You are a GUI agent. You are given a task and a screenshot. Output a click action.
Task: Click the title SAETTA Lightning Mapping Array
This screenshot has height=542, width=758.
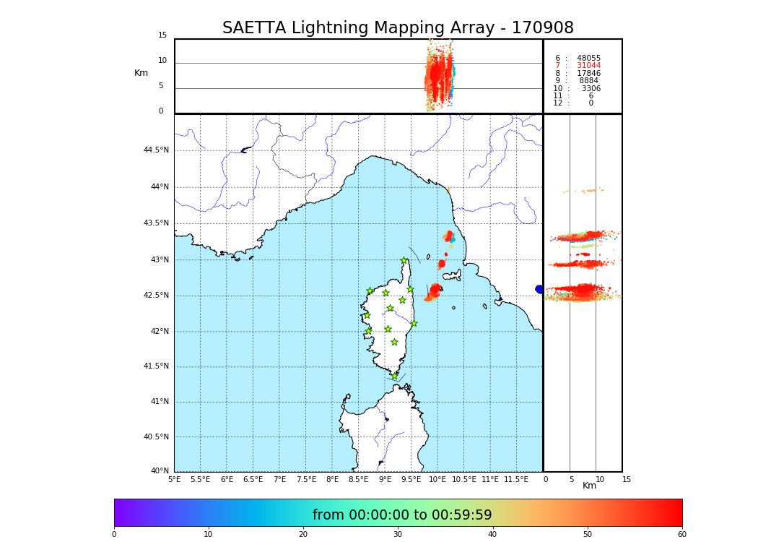pos(398,28)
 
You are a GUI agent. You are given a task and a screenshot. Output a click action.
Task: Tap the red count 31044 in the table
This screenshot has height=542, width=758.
pos(588,66)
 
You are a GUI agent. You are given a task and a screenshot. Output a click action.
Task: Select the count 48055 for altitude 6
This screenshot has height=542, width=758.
pos(588,59)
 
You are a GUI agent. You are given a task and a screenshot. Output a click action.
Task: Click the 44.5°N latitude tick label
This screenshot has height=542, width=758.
pos(156,150)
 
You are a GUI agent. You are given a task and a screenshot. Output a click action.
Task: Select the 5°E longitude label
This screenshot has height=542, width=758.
pos(175,479)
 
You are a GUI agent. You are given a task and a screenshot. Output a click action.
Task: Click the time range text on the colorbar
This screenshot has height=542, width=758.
pos(402,515)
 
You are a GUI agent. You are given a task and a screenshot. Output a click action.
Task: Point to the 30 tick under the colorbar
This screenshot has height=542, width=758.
pos(398,535)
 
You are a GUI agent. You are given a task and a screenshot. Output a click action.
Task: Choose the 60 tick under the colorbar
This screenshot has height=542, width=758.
pos(681,535)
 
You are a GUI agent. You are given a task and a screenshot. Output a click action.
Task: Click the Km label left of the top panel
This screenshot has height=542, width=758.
pos(141,73)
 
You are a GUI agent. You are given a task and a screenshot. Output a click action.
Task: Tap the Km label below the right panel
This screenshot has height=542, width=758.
pos(590,486)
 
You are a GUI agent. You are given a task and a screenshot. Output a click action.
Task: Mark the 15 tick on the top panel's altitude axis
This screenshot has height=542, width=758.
pos(162,35)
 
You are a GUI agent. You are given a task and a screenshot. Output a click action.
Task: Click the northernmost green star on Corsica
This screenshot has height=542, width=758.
pos(404,261)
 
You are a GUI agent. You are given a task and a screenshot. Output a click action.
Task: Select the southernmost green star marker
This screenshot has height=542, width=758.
pos(395,376)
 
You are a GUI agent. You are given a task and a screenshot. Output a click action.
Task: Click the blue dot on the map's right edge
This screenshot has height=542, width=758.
pos(539,289)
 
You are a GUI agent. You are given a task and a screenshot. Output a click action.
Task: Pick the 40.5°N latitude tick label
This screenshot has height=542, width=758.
pos(156,437)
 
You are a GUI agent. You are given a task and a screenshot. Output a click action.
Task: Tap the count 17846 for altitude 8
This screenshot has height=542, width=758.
pos(588,74)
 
